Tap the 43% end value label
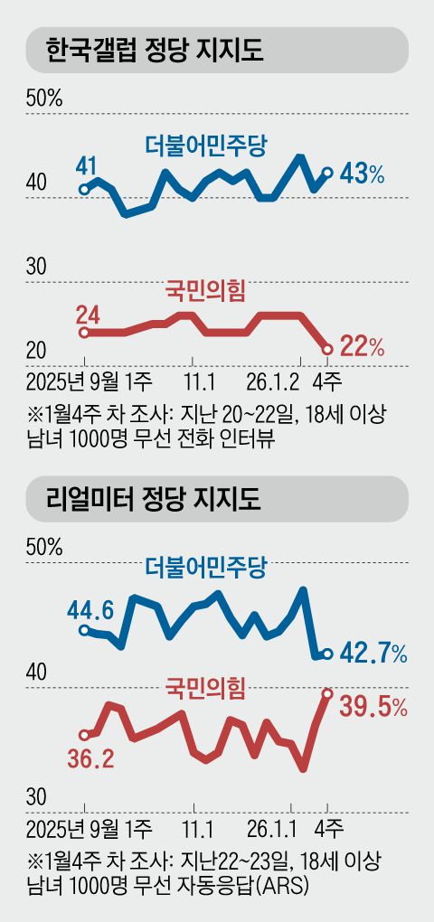pyautogui.click(x=363, y=174)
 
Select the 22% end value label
pyautogui.click(x=363, y=346)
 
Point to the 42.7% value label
pyautogui.click(x=373, y=654)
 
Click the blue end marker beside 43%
pyautogui.click(x=327, y=172)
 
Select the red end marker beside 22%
pyautogui.click(x=327, y=349)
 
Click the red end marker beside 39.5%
pyautogui.click(x=327, y=693)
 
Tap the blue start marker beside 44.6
pyautogui.click(x=84, y=630)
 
